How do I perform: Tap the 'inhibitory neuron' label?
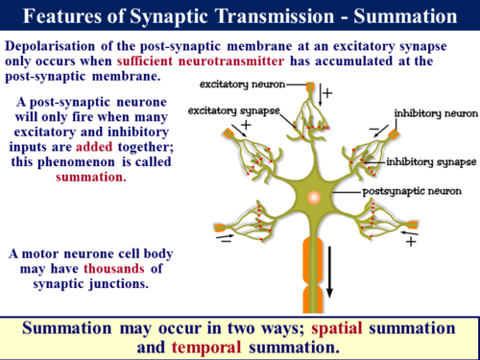435,112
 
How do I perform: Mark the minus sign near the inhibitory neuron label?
375,129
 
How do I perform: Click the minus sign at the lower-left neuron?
224,243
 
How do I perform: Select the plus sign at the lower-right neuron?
410,243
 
